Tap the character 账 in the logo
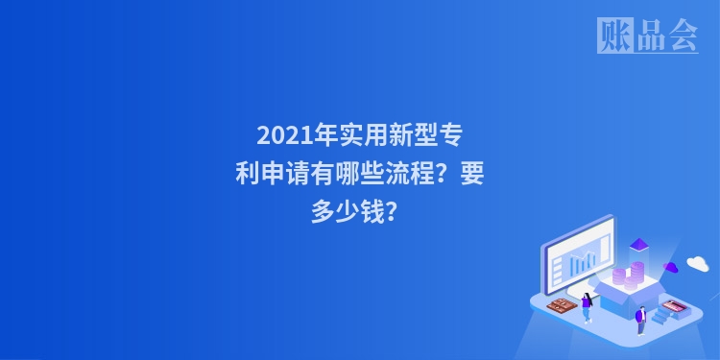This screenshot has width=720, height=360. coord(614,36)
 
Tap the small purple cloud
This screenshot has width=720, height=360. coord(672,266)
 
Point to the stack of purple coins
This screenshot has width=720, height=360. coord(625,277)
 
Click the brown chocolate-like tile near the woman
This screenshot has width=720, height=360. coord(560,305)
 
